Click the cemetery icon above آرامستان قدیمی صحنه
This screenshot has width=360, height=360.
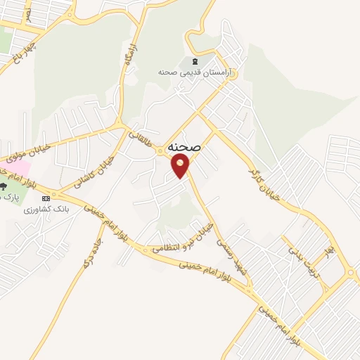[x=194, y=61]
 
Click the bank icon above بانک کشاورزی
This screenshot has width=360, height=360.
[x=46, y=198]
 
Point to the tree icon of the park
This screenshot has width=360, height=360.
[x=3, y=187]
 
